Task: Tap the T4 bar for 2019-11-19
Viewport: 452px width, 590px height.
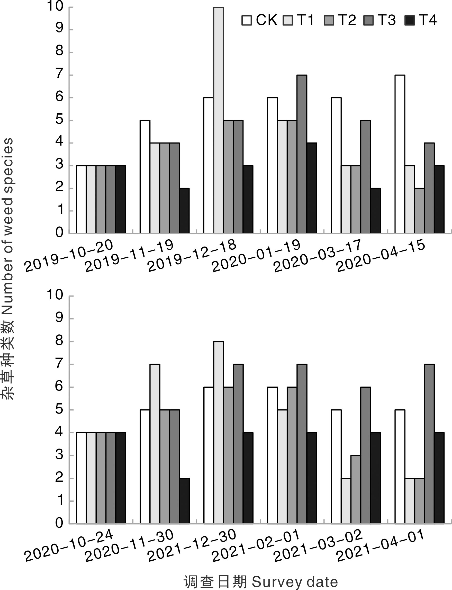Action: (184, 210)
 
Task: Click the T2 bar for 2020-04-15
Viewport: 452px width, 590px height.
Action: (419, 210)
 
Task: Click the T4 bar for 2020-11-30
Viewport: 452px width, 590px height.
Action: (184, 501)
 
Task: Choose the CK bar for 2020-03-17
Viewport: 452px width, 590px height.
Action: (336, 165)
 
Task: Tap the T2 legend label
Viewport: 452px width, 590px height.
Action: (347, 20)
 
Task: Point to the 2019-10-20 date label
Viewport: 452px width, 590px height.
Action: (69, 255)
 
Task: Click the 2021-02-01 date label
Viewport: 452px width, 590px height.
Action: (256, 545)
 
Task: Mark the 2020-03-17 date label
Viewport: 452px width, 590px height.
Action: (318, 256)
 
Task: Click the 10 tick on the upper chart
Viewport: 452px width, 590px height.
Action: (55, 6)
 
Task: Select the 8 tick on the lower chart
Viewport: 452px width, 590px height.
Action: (59, 341)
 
